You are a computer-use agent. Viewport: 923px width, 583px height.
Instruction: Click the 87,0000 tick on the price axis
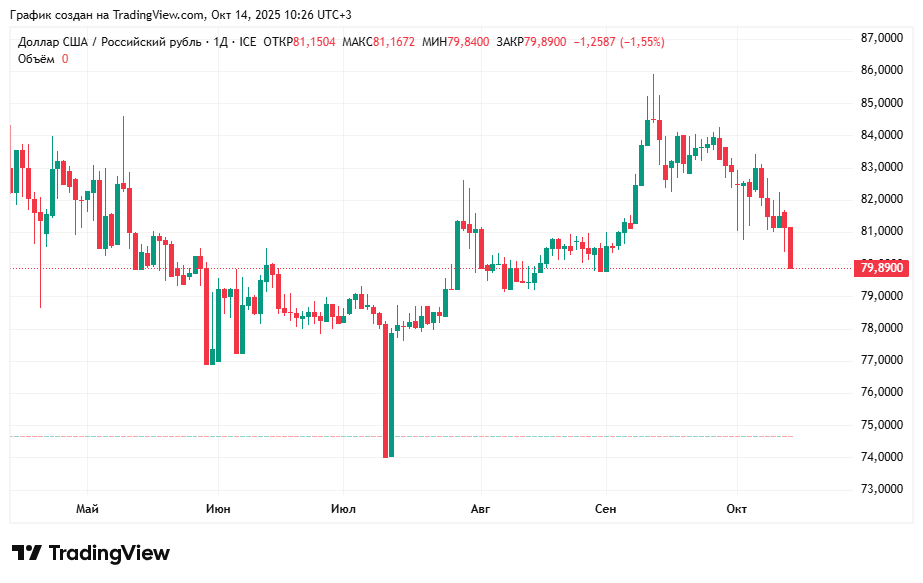tap(881, 38)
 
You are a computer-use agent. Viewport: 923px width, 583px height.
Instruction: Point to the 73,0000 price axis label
tap(881, 489)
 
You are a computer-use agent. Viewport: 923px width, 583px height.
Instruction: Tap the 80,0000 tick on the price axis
tap(881, 264)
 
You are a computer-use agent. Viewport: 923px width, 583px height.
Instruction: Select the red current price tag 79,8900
tap(881, 268)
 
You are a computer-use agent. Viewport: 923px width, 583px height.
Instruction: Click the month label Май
tap(87, 509)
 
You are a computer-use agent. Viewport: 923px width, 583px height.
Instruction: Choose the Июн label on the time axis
tap(218, 509)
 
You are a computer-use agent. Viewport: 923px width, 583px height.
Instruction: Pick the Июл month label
tap(343, 509)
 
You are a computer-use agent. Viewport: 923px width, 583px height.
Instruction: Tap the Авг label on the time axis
tap(480, 509)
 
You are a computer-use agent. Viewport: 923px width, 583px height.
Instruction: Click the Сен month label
tap(605, 509)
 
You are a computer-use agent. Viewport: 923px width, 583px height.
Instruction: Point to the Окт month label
tap(737, 509)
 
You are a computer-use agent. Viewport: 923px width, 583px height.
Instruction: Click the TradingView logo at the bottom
tap(91, 553)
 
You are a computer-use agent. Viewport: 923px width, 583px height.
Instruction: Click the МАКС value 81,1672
tap(393, 42)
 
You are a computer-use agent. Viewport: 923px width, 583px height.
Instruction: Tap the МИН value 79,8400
tap(469, 42)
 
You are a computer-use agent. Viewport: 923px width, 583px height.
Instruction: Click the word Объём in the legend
tap(37, 59)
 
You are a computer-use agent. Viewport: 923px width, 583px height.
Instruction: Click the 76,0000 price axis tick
tap(881, 392)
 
